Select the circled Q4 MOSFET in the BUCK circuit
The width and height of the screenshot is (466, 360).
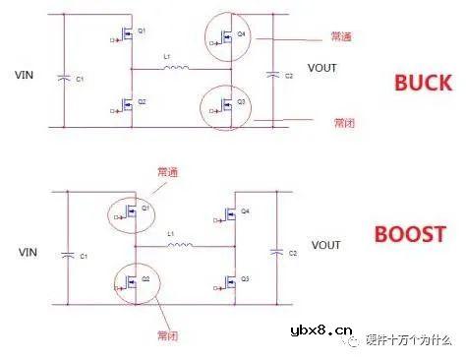click(x=230, y=38)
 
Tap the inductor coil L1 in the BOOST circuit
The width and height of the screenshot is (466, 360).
click(x=177, y=243)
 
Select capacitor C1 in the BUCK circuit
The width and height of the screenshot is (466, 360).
click(x=65, y=78)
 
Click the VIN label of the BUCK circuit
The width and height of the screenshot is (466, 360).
click(x=24, y=75)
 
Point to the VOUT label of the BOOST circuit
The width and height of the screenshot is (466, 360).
click(x=325, y=244)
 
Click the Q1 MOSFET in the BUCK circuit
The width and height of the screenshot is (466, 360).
click(x=129, y=38)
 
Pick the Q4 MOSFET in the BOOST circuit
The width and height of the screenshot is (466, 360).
click(x=230, y=215)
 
